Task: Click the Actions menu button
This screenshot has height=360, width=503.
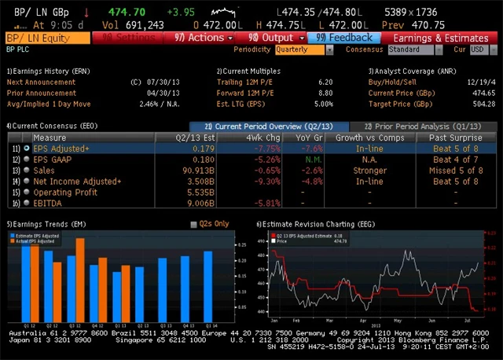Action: click(x=204, y=38)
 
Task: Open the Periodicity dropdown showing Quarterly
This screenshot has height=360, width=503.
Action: click(x=303, y=50)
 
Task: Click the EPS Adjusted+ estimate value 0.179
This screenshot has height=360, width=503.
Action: click(x=203, y=148)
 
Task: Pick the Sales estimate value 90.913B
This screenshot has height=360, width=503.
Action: click(x=198, y=170)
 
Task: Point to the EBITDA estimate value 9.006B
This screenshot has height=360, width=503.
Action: click(x=200, y=203)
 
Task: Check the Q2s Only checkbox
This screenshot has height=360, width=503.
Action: click(x=194, y=224)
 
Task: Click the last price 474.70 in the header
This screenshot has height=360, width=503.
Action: click(x=127, y=13)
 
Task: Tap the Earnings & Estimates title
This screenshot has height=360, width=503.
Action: click(x=440, y=38)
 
